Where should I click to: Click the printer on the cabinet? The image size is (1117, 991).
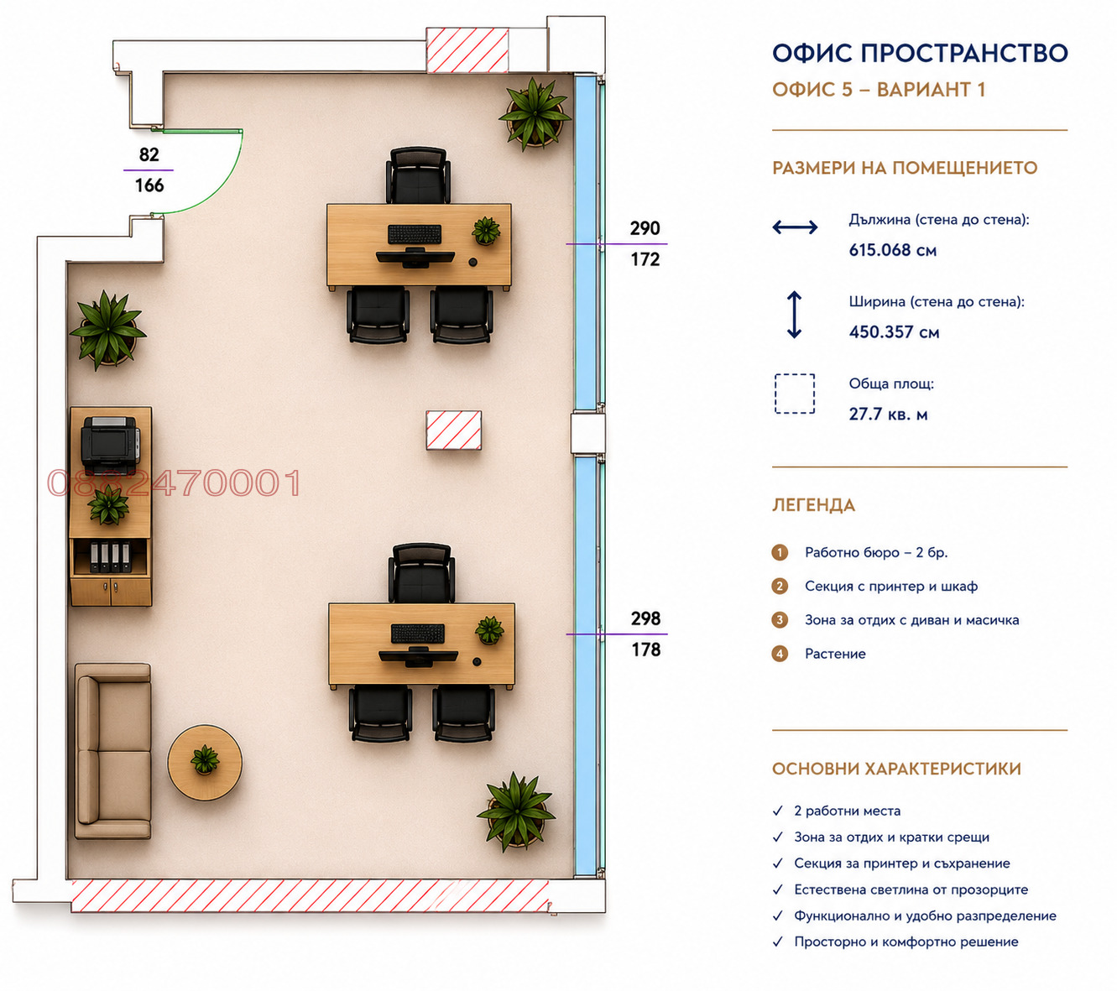pos(110,445)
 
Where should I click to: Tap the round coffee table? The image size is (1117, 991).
pos(205,762)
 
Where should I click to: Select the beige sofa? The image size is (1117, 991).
pos(112,751)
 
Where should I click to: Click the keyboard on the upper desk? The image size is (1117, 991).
pos(414,234)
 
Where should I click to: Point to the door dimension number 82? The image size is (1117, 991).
pos(149,154)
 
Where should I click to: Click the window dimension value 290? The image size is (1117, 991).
pos(645,228)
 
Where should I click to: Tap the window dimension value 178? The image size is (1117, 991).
pos(645,649)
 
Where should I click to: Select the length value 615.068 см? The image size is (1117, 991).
pos(892,250)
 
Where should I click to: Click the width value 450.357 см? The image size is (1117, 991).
pos(894,331)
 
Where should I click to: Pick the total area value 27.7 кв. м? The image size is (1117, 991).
pos(888,414)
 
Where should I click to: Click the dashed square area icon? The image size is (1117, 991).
pos(794,394)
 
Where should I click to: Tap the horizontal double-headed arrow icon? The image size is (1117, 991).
pos(795,227)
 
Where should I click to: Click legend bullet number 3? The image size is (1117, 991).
pos(779,620)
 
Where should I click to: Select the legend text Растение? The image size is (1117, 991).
pos(835,654)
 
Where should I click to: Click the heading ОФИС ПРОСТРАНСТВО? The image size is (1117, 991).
pos(920,53)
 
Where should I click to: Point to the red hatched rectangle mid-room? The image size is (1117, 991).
pos(453,430)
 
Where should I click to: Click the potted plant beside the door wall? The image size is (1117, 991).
pos(108,331)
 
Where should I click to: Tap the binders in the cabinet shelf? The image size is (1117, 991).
pos(110,557)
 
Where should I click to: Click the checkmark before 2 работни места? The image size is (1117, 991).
pos(777,811)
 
